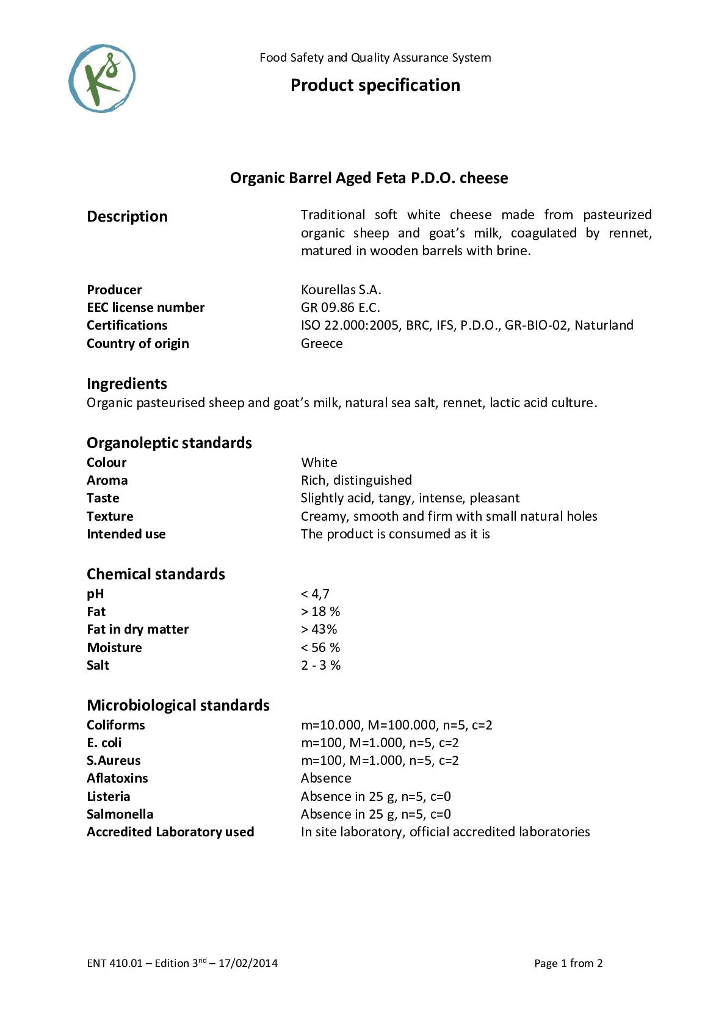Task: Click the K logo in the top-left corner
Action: pyautogui.click(x=102, y=78)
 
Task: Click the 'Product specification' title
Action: pyautogui.click(x=375, y=85)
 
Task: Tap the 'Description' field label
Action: pyautogui.click(x=127, y=216)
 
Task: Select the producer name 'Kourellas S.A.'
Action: pyautogui.click(x=341, y=289)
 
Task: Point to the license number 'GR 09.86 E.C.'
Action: pyautogui.click(x=340, y=307)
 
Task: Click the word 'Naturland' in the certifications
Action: pyautogui.click(x=604, y=325)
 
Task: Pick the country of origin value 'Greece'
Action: pyautogui.click(x=322, y=343)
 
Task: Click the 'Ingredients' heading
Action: pyautogui.click(x=127, y=383)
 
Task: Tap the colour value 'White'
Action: pyautogui.click(x=319, y=462)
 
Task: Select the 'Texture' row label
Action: pyautogui.click(x=110, y=516)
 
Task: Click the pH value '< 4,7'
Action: pyautogui.click(x=315, y=593)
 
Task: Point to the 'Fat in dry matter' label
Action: pyautogui.click(x=137, y=629)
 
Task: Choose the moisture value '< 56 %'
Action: pyautogui.click(x=320, y=647)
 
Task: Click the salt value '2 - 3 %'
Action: pyautogui.click(x=320, y=665)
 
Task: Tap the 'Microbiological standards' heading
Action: pyautogui.click(x=178, y=705)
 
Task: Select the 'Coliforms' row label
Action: pyautogui.click(x=116, y=725)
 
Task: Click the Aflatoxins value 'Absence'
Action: pyautogui.click(x=326, y=778)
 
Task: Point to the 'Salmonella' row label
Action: pyautogui.click(x=120, y=814)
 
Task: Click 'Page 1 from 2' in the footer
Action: pyautogui.click(x=568, y=963)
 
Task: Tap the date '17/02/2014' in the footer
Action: pyautogui.click(x=248, y=963)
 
